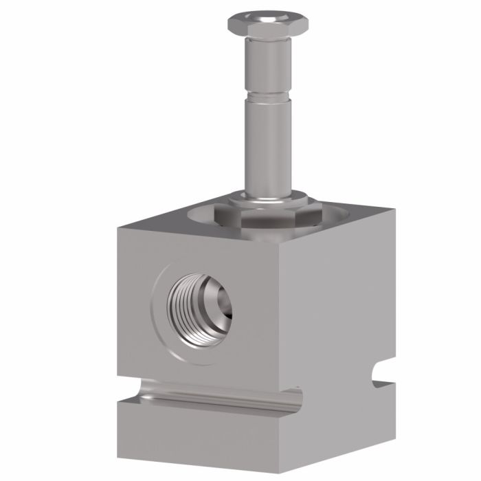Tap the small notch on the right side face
[x=378, y=374]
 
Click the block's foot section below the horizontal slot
[x=206, y=440]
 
